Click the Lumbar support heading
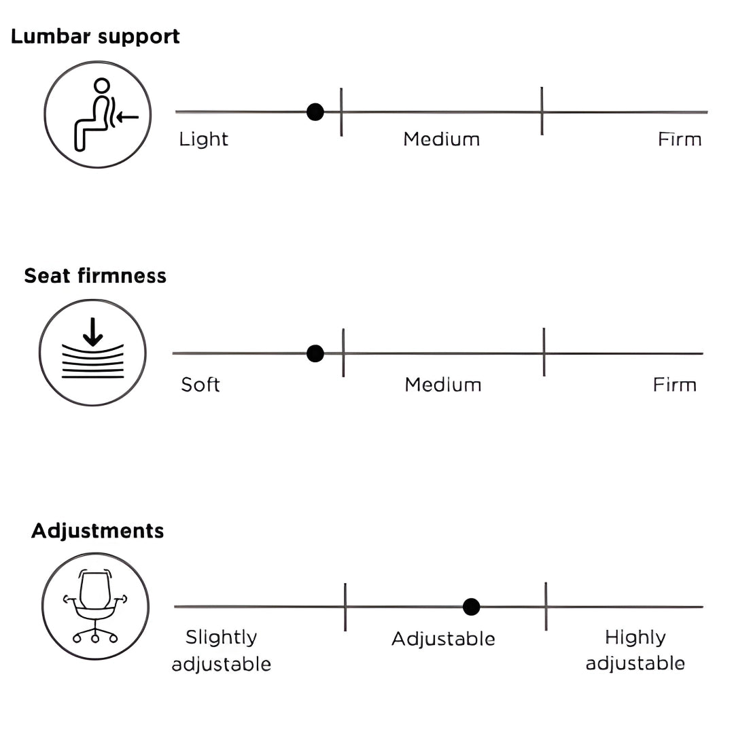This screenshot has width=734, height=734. click(95, 37)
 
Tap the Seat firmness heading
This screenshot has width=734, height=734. click(95, 276)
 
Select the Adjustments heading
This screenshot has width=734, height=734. click(98, 531)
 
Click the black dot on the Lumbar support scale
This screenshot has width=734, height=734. click(315, 112)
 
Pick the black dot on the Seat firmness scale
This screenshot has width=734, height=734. click(315, 353)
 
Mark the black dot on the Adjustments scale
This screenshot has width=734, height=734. click(471, 607)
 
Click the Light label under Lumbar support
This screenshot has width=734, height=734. click(204, 139)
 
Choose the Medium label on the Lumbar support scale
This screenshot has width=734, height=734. click(442, 139)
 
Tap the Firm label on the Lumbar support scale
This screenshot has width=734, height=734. click(680, 139)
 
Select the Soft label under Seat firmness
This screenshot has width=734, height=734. click(200, 385)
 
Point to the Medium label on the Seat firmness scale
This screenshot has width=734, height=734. click(443, 385)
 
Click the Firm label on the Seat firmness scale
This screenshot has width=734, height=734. click(675, 385)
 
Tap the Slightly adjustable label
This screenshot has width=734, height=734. click(222, 650)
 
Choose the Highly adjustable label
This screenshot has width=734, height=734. click(635, 650)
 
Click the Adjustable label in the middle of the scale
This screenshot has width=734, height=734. click(443, 639)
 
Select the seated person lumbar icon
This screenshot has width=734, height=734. click(99, 114)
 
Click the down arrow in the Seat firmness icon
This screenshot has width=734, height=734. click(92, 330)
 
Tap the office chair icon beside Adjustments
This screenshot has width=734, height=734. click(95, 606)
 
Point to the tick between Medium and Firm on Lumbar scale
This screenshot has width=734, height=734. click(542, 111)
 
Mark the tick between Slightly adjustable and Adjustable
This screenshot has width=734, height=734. click(345, 607)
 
